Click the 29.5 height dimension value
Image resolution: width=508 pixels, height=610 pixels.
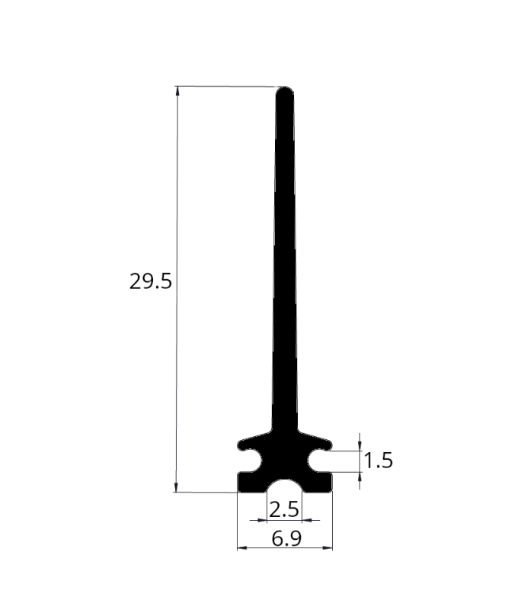(150, 281)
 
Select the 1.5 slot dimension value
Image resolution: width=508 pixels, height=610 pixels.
(379, 461)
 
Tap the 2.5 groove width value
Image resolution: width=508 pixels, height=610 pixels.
(284, 509)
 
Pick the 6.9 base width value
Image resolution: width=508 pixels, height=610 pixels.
(286, 539)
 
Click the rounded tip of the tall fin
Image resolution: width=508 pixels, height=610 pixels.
(285, 89)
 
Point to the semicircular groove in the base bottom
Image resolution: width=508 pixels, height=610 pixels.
(285, 486)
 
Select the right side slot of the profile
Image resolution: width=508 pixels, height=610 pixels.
(319, 461)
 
